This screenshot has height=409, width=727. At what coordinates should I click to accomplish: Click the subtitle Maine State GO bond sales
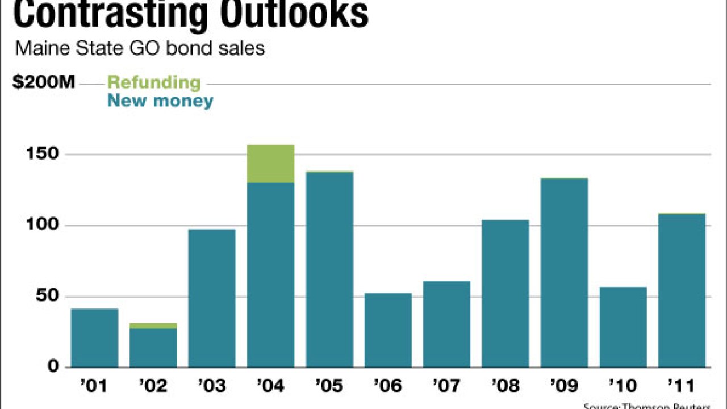(x=140, y=48)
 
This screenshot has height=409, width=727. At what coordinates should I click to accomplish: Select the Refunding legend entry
(x=154, y=82)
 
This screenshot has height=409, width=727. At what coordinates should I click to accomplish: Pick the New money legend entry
(x=160, y=101)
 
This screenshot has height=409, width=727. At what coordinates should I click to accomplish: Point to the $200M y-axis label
(x=43, y=82)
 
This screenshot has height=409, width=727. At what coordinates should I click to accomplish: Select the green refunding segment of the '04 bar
(x=270, y=164)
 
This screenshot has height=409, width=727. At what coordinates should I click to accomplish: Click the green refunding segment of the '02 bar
(x=153, y=325)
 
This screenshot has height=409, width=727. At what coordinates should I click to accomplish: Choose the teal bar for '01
(x=94, y=338)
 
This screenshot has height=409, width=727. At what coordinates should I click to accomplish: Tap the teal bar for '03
(x=212, y=298)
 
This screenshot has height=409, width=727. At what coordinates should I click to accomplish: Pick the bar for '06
(x=388, y=330)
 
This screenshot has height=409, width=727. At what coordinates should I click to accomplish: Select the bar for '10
(x=622, y=327)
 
